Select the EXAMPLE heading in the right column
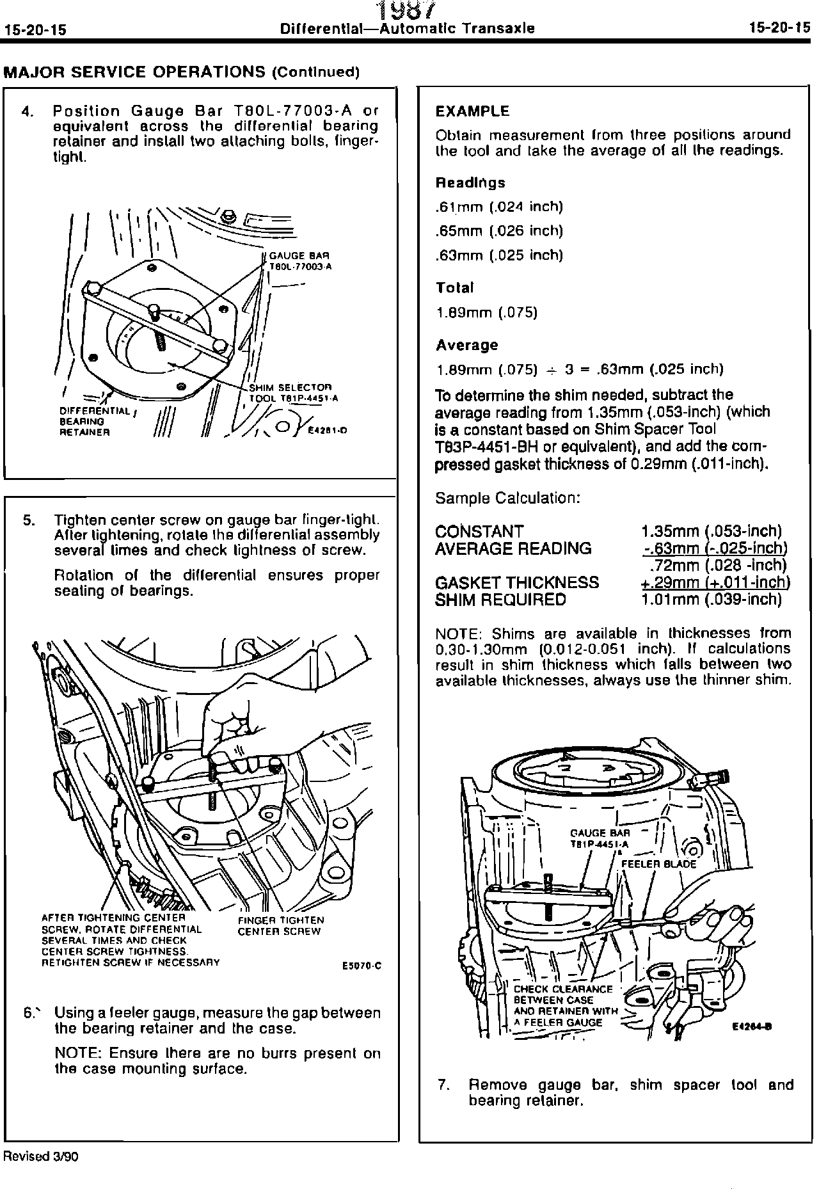[472, 111]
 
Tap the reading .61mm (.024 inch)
[498, 207]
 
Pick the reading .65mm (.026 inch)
[498, 230]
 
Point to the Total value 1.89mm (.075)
[486, 312]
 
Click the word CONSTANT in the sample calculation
[479, 532]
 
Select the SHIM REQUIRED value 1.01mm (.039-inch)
[711, 600]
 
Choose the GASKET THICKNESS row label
[516, 582]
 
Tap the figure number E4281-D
[328, 431]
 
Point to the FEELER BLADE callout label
[658, 863]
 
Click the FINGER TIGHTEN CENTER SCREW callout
[280, 925]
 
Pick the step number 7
[442, 1085]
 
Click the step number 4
[26, 111]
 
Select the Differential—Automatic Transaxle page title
[408, 29]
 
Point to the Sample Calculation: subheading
[507, 498]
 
